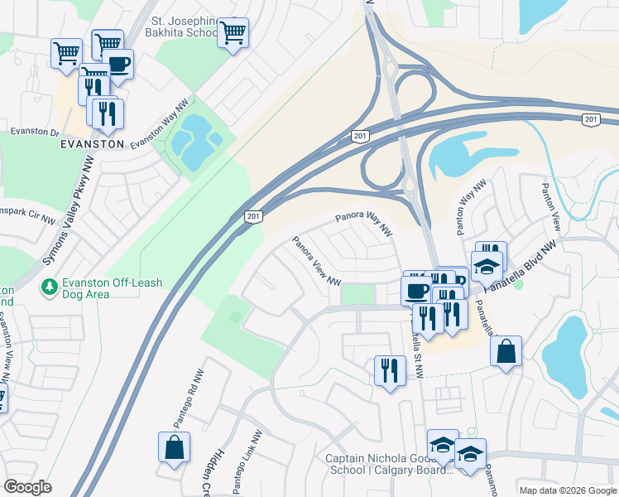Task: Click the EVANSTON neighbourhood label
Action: [91, 143]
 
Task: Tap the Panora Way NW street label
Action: [362, 224]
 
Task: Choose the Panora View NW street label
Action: [317, 261]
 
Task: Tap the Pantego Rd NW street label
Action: [199, 394]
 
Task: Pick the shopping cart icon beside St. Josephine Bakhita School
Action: [234, 33]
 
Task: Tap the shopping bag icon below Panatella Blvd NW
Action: [506, 350]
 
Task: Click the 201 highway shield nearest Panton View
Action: [590, 121]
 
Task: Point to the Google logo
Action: [27, 487]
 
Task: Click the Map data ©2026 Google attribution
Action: [568, 490]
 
